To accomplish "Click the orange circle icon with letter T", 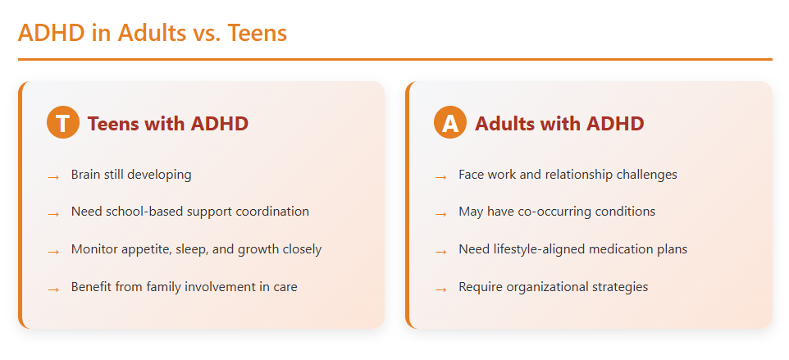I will click(x=62, y=123).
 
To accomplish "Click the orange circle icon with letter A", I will click(x=449, y=123).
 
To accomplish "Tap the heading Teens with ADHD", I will click(x=167, y=124).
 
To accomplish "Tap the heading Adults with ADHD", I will click(x=559, y=124).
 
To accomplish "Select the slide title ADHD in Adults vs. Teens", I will click(x=153, y=33).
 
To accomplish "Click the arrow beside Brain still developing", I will click(x=53, y=176).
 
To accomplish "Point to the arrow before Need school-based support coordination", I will click(x=53, y=213).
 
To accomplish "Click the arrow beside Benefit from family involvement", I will click(x=53, y=289).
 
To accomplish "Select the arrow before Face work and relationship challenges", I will click(x=441, y=176).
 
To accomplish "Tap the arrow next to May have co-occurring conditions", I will click(x=441, y=213).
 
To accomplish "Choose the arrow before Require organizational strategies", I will click(x=441, y=289).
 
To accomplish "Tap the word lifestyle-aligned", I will click(x=540, y=249).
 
